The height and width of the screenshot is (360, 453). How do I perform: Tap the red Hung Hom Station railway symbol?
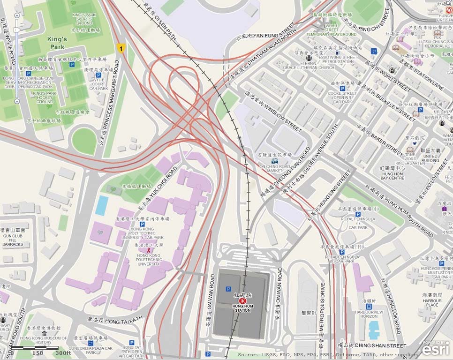point(242,301)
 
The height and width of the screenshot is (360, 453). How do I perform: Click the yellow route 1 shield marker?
point(121,48)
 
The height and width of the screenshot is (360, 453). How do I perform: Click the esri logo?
point(435,348)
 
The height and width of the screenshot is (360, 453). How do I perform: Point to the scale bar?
point(38,348)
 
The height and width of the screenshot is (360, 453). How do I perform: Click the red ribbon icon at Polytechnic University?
point(149,250)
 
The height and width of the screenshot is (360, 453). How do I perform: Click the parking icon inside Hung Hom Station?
point(228,289)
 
